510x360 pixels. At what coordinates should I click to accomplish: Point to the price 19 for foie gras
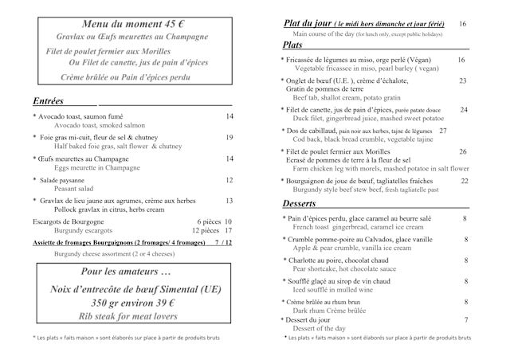229,138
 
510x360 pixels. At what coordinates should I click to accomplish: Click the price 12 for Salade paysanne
229,181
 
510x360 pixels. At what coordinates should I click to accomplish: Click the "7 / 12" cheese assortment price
224,241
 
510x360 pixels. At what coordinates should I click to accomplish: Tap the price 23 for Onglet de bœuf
463,80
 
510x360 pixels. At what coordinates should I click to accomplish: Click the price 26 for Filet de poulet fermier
463,151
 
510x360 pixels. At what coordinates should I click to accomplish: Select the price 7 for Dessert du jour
465,319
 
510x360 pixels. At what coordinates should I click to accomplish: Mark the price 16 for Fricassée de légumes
462,60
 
